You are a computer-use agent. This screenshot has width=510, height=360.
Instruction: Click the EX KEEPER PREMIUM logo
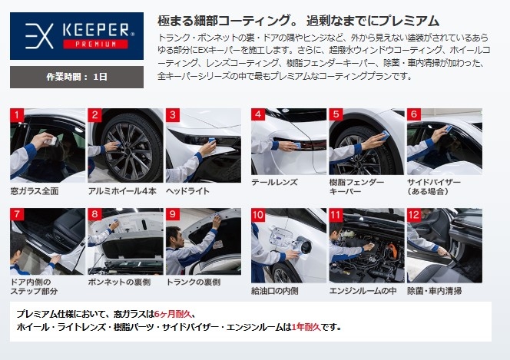[x=77, y=36]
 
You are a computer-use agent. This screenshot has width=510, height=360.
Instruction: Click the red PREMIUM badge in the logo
[x=95, y=45]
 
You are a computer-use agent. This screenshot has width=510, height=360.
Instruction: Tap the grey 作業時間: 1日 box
[x=77, y=77]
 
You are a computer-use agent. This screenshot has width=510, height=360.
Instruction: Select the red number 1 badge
[x=17, y=115]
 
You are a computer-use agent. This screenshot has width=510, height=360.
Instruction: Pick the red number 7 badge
[x=17, y=214]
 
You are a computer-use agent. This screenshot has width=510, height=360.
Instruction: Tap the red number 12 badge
[x=414, y=214]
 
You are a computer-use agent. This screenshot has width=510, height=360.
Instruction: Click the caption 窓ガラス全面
[x=35, y=191]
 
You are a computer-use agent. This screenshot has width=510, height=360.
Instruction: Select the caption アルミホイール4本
[x=122, y=191]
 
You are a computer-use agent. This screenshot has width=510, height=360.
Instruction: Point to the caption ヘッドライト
[x=187, y=191]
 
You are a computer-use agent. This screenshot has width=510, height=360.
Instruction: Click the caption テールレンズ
[x=274, y=182]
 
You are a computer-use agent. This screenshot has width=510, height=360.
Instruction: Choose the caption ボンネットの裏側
[x=119, y=282]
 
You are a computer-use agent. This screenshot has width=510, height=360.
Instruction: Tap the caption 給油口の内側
[x=275, y=291]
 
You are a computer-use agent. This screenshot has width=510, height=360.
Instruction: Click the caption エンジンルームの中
[x=363, y=291]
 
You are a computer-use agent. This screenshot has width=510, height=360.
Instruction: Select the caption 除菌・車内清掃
[x=435, y=291]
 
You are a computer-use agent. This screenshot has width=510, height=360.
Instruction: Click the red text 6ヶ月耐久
[x=173, y=314]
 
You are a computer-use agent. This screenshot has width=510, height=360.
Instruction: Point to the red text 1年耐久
[x=306, y=327]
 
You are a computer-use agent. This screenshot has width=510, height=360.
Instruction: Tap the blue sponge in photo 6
[x=449, y=129]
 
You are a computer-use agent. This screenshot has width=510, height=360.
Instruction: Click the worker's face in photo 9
[x=176, y=237]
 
